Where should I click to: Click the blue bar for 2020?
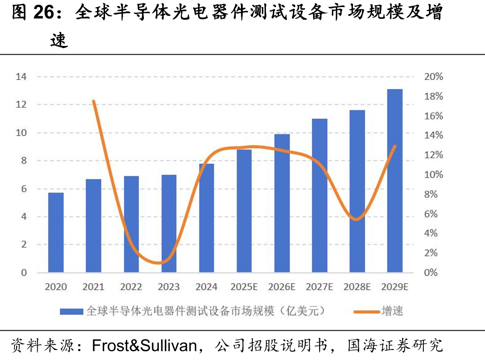click(56, 233)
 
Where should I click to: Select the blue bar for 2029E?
click(394, 181)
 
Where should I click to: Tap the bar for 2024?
click(206, 218)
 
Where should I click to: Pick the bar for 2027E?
click(320, 196)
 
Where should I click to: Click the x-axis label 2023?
click(168, 287)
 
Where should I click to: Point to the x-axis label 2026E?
click(282, 287)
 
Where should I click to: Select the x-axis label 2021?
click(94, 287)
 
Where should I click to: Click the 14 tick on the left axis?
click(21, 77)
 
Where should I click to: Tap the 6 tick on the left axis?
click(24, 189)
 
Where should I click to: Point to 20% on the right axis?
click(433, 77)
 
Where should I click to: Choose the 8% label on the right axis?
click(431, 194)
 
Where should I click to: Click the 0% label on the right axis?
click(431, 273)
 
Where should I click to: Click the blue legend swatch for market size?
click(71, 311)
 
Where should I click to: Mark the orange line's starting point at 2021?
click(94, 101)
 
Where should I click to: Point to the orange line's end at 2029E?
click(394, 146)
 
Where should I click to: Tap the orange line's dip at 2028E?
click(356, 219)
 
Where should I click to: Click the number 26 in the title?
click(43, 12)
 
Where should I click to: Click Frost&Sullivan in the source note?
click(144, 346)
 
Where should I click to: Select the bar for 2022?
click(131, 224)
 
